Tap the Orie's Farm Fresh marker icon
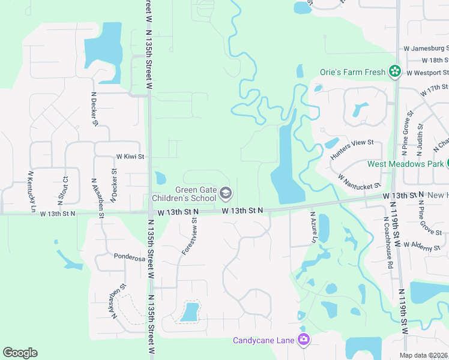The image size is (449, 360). pyautogui.click(x=394, y=73)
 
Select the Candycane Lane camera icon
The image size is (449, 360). pyautogui.click(x=304, y=340)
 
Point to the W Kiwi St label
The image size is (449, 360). pyautogui.click(x=130, y=157)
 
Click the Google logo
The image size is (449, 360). pyautogui.click(x=20, y=353)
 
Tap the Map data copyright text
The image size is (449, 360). pyautogui.click(x=423, y=355)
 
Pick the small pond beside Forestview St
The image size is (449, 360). pyautogui.click(x=190, y=312)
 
